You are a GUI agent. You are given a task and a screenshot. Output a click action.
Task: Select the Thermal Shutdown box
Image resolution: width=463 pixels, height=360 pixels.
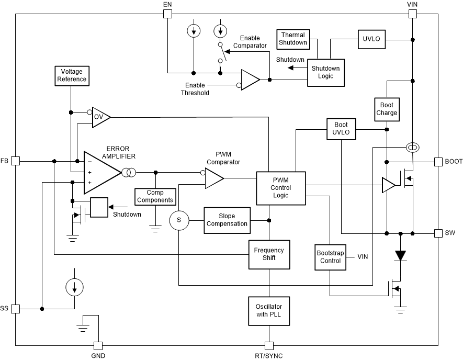point(292,39)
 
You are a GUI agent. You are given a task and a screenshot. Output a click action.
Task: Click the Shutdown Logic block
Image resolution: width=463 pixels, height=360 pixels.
point(325,72)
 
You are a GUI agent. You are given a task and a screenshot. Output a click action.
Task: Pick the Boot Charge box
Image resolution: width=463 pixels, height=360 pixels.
point(387,109)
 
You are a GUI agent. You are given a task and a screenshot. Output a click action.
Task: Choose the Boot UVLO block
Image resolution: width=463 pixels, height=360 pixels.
point(341,129)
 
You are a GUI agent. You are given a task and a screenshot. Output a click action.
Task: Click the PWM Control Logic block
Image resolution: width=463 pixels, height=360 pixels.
point(280,188)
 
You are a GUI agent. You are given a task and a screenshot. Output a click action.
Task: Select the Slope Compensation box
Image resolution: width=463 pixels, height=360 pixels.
point(227,220)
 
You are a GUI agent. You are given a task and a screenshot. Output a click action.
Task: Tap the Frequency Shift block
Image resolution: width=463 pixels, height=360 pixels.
point(269,254)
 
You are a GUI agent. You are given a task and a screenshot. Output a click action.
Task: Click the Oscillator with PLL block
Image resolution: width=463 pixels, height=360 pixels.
point(269,310)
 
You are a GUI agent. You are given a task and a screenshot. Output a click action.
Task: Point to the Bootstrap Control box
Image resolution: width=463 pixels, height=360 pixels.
point(330,257)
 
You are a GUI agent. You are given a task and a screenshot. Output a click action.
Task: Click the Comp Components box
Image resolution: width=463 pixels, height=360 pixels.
point(155,197)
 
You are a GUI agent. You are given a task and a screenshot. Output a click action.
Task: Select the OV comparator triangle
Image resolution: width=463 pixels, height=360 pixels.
point(100,117)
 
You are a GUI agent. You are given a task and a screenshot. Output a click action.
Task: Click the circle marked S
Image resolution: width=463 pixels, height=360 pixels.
point(179,221)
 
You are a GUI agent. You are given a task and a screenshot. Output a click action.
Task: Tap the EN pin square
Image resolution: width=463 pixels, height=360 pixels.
point(167,14)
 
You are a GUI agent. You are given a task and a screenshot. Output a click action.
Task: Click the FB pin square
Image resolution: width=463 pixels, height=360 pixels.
point(16,161)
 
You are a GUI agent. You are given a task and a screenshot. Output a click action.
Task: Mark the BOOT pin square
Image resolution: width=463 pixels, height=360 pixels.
point(438,161)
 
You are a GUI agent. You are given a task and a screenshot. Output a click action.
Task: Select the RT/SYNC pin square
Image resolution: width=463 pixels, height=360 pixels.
point(269,346)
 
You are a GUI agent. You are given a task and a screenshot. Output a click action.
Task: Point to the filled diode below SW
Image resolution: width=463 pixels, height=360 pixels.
point(401,256)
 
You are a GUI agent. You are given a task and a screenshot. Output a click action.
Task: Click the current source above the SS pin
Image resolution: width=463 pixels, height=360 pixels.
point(74,287)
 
